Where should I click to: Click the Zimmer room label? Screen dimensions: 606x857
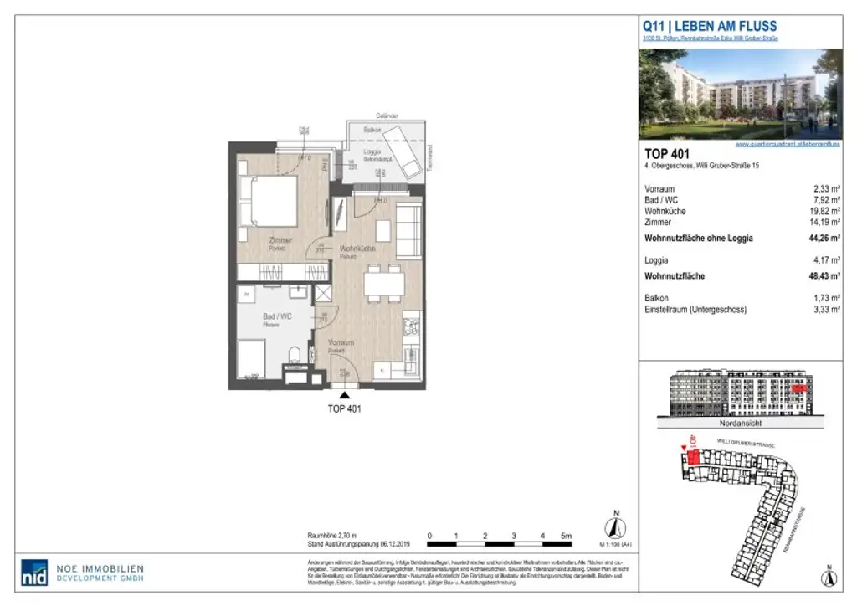tap(280, 241)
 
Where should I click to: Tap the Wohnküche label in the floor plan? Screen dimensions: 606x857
tap(357, 249)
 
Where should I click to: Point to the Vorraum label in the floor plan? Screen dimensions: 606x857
tap(341, 343)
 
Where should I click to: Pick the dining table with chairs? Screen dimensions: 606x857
tap(383, 284)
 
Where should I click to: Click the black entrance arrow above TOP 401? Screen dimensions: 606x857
tap(342, 393)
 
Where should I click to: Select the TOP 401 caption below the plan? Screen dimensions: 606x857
tap(342, 410)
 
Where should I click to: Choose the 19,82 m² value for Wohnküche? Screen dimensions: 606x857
tap(823, 213)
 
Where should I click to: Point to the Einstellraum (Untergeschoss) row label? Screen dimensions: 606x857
tap(695, 310)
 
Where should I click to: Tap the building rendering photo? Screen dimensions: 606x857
tap(740, 94)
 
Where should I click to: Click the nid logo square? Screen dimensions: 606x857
tap(34, 573)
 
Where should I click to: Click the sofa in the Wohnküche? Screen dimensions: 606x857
tap(409, 230)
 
